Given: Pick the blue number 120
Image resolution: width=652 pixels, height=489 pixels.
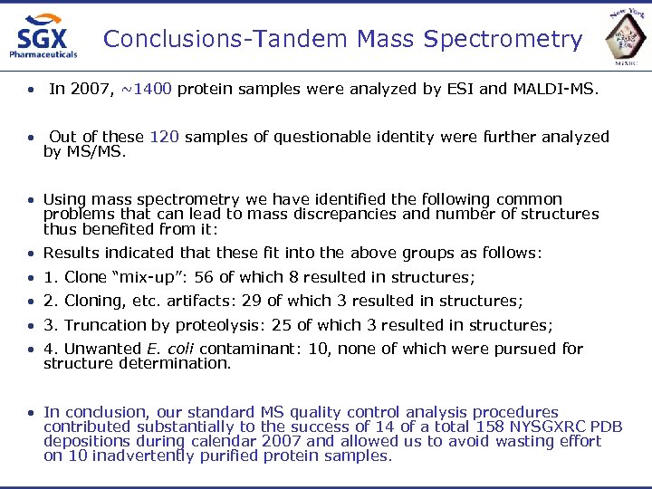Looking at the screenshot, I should pyautogui.click(x=164, y=137).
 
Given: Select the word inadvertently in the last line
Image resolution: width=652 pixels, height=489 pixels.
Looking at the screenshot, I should pyautogui.click(x=208, y=455).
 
